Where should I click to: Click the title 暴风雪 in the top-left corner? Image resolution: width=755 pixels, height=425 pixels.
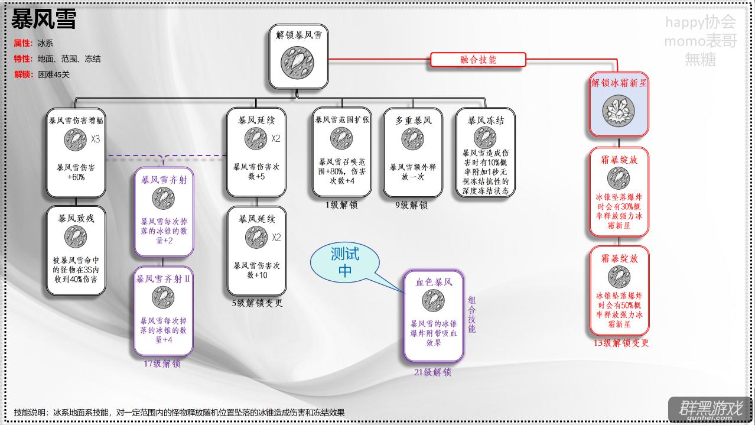44,20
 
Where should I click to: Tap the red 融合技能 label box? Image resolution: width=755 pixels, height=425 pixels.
478,60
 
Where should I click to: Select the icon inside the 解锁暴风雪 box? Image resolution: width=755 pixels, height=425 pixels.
297,63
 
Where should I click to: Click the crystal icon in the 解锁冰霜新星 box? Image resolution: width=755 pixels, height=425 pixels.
619,111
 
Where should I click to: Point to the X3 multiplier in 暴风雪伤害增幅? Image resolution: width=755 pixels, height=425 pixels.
95,139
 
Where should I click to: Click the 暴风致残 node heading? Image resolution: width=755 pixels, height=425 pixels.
76,219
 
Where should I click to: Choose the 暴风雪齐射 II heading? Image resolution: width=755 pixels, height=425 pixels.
163,279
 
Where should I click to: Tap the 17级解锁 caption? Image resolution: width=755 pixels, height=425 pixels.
162,364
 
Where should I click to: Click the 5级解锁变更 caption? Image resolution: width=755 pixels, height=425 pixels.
257,303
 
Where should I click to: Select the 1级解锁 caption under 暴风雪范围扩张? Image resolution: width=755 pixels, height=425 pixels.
341,205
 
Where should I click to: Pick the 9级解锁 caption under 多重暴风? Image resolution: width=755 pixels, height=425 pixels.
412,205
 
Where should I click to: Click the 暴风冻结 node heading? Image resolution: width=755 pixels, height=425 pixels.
486,121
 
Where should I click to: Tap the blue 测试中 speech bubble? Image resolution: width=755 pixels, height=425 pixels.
345,262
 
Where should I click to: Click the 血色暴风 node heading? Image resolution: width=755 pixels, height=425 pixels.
434,282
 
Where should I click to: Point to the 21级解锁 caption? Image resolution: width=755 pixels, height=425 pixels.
433,372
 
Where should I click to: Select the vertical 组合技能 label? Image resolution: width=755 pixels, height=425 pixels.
472,314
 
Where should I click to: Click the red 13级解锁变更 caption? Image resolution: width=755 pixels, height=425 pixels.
621,343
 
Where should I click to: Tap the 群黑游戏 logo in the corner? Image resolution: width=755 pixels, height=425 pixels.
711,410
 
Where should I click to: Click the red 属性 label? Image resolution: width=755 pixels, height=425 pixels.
23,43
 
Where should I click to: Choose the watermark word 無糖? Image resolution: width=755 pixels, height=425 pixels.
701,60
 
